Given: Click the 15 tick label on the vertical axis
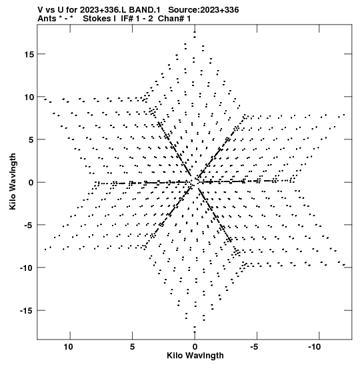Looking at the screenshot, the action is [29, 54].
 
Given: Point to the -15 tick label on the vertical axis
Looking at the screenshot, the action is [27, 311].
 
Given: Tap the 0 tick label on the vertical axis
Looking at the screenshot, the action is [31, 183].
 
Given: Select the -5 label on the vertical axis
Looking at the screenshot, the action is [29, 225].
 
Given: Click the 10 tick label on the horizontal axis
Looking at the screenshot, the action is [68, 347].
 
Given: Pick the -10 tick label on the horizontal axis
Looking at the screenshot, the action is [315, 347].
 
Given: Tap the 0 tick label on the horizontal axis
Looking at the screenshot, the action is [195, 347].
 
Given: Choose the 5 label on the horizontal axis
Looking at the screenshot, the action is [132, 347].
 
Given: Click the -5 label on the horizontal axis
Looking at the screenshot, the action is [255, 347].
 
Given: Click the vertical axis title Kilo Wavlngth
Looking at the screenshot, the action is [13, 181].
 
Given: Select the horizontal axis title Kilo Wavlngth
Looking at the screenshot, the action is [195, 356].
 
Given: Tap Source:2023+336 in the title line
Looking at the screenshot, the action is [203, 10].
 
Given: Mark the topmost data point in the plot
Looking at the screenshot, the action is [195, 32].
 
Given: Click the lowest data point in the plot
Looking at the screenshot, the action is [195, 332].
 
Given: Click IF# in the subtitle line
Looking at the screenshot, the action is [127, 19].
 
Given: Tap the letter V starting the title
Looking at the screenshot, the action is [40, 10].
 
